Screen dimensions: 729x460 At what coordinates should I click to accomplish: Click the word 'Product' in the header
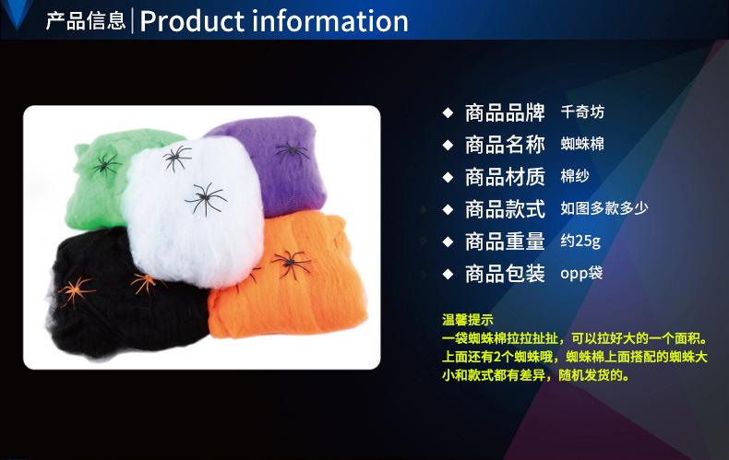(x=192, y=21)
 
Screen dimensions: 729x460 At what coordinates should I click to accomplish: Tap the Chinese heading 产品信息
(x=86, y=21)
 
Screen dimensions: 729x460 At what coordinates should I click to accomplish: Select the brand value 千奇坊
(x=582, y=112)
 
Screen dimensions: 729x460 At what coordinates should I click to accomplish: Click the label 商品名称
(x=505, y=145)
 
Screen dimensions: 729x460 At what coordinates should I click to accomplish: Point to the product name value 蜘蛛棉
(x=582, y=144)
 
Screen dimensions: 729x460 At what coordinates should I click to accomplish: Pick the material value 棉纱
(x=575, y=176)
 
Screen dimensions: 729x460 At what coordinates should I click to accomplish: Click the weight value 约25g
(x=580, y=242)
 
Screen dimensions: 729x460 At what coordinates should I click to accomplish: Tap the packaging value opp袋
(x=581, y=273)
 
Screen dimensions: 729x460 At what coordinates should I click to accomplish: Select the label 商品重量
(x=505, y=242)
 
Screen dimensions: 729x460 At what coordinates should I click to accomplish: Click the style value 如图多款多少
(x=604, y=208)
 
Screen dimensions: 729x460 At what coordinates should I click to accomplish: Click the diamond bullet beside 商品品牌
(x=448, y=112)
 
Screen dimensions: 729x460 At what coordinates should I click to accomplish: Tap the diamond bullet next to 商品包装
(x=448, y=274)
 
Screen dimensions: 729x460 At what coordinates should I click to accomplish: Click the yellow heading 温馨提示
(x=467, y=320)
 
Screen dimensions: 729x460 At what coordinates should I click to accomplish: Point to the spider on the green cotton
(x=106, y=164)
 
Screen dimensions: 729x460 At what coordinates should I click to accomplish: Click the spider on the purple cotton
(x=292, y=151)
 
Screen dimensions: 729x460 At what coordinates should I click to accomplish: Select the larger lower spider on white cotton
(x=206, y=198)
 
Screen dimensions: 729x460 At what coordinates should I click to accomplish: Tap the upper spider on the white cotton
(x=176, y=157)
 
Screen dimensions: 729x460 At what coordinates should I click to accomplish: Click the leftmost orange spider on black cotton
(x=76, y=291)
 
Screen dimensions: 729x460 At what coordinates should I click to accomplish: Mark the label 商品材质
(x=505, y=177)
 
